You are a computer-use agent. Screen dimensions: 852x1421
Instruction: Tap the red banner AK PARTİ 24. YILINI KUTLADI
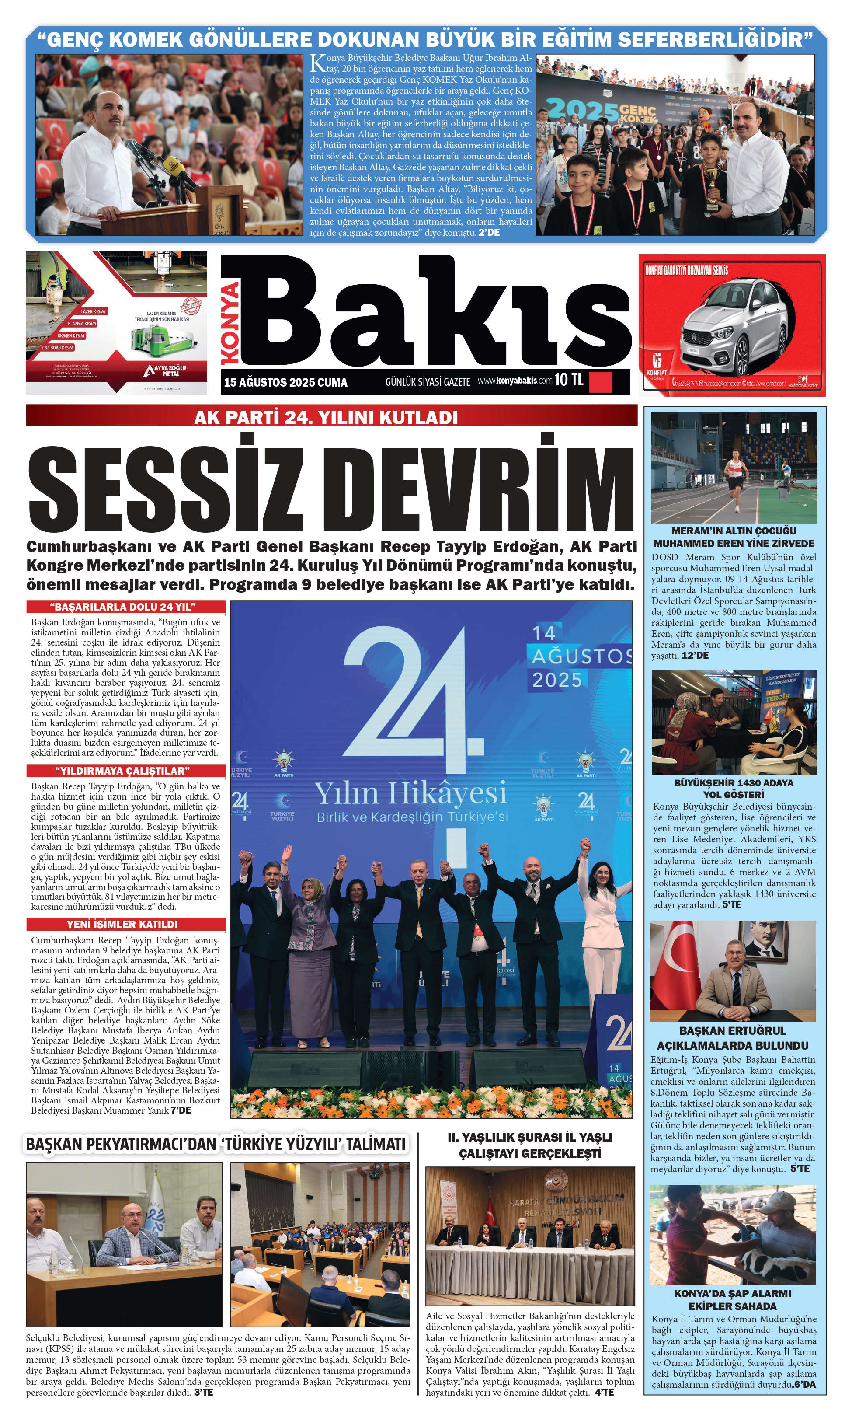pos(326,416)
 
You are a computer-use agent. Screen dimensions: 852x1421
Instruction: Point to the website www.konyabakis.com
pos(515,380)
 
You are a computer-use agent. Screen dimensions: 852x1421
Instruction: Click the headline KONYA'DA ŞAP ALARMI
pos(733,1293)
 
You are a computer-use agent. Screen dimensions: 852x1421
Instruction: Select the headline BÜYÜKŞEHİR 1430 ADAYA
pos(733,783)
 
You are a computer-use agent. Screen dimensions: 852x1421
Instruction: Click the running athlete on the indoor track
pos(734,475)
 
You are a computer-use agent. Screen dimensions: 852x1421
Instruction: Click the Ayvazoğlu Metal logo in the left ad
pos(165,371)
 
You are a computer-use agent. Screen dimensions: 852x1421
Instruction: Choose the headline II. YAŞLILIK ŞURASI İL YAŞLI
pos(529,1137)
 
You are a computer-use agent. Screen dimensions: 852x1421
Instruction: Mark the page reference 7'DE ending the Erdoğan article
pos(181,1110)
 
